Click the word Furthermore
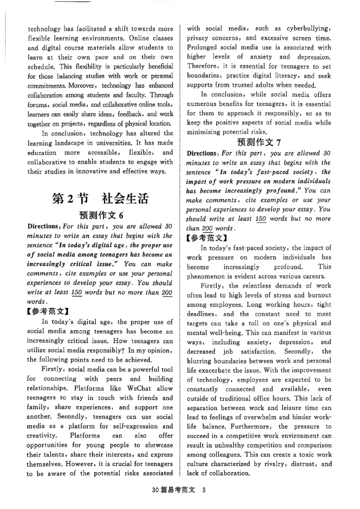pyautogui.click(x=250, y=426)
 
